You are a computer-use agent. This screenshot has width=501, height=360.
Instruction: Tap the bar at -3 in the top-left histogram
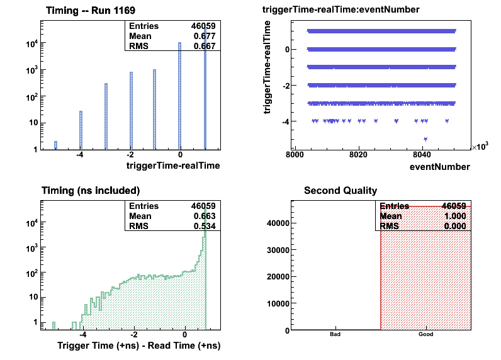[x=106, y=116]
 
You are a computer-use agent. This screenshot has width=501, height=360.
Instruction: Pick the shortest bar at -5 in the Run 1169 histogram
[x=55, y=145]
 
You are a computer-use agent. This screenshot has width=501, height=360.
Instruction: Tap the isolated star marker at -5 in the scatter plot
[x=425, y=138]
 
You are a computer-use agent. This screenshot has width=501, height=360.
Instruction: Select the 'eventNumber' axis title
[x=439, y=167]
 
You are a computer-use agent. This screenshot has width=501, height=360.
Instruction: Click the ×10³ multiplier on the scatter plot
[x=480, y=147]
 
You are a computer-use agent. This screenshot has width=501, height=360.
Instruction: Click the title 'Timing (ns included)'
[x=90, y=190]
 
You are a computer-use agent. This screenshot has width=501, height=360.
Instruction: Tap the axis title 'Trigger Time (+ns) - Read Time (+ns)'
[x=138, y=346]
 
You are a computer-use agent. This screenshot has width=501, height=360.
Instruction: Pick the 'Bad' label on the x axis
[x=335, y=335]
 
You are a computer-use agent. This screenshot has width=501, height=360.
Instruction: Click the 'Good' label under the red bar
[x=425, y=335]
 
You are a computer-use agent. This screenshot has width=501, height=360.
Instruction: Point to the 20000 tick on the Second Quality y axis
[x=277, y=276]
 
